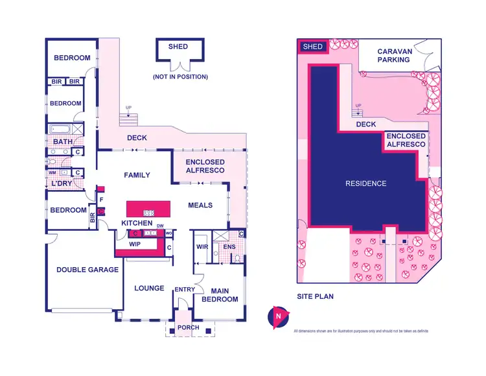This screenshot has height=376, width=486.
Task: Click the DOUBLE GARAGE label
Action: point(87,270)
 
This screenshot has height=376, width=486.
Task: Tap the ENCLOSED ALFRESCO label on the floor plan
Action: point(205,166)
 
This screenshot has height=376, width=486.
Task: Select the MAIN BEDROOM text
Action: point(220,294)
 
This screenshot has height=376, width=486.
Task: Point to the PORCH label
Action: point(189,328)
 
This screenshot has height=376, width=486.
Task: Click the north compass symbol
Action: point(277,317)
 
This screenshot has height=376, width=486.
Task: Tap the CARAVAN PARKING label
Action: point(394,55)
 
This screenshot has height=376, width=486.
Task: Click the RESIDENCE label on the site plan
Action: point(365,183)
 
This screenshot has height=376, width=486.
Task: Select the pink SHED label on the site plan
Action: point(313,47)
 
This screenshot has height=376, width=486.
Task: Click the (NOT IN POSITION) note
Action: point(180,77)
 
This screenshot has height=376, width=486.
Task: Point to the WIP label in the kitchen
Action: point(135,244)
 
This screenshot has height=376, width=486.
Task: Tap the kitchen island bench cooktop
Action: point(148,212)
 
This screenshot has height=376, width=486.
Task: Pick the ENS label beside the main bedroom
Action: point(229,247)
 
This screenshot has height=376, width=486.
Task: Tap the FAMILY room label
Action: point(137,175)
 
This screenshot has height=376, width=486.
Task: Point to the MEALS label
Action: point(200,206)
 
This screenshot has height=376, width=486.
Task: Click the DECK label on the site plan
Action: point(366,124)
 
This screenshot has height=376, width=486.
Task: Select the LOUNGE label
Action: point(149,288)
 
